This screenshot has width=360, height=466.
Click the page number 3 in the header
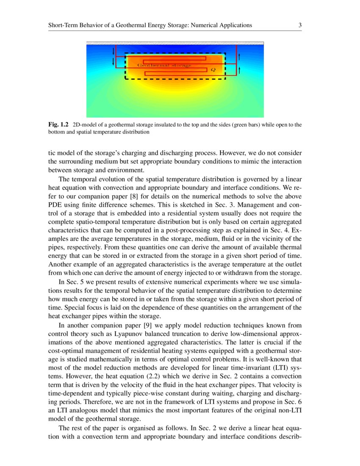300,25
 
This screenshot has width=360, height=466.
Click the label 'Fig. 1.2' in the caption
58,125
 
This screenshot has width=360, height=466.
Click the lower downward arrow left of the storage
113,62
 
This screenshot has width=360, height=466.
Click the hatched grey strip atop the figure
175,43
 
